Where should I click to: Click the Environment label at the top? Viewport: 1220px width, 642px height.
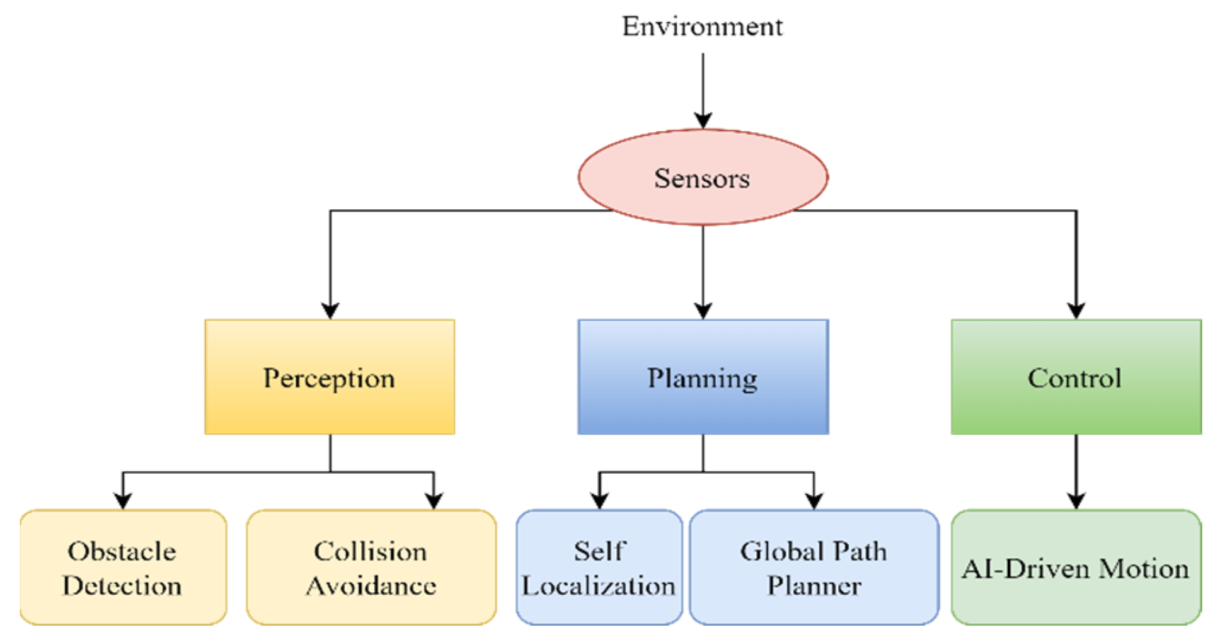tap(702, 26)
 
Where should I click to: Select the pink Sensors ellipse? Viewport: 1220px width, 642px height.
tap(702, 178)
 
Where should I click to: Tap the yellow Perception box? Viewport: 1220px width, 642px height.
tap(329, 377)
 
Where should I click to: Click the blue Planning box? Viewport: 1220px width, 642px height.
tap(703, 377)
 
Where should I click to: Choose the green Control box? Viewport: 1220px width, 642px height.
tap(1076, 377)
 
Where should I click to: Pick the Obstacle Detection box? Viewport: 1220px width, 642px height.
tap(123, 568)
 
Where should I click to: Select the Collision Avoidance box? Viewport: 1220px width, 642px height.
tap(371, 568)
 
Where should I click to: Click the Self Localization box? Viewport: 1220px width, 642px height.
tap(599, 568)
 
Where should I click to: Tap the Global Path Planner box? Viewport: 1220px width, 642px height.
tap(814, 568)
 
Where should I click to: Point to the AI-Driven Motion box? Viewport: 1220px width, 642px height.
tap(1076, 568)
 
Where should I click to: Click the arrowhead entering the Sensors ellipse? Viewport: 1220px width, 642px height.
tap(703, 120)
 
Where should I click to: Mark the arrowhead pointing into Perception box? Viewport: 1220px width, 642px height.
tap(330, 310)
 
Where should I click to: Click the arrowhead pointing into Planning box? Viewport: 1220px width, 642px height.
tap(703, 310)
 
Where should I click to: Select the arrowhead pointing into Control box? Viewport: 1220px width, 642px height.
tap(1076, 310)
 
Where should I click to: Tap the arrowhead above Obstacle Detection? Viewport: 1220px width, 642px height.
tap(123, 501)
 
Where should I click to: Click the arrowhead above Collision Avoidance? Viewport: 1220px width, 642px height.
tap(434, 501)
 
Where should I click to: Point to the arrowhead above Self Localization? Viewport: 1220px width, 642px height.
tap(599, 501)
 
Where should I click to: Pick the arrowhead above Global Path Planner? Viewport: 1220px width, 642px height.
tap(814, 501)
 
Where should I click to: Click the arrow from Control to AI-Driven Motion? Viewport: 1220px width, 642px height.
tap(1076, 473)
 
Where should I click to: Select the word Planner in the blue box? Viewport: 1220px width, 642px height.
tap(814, 586)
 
